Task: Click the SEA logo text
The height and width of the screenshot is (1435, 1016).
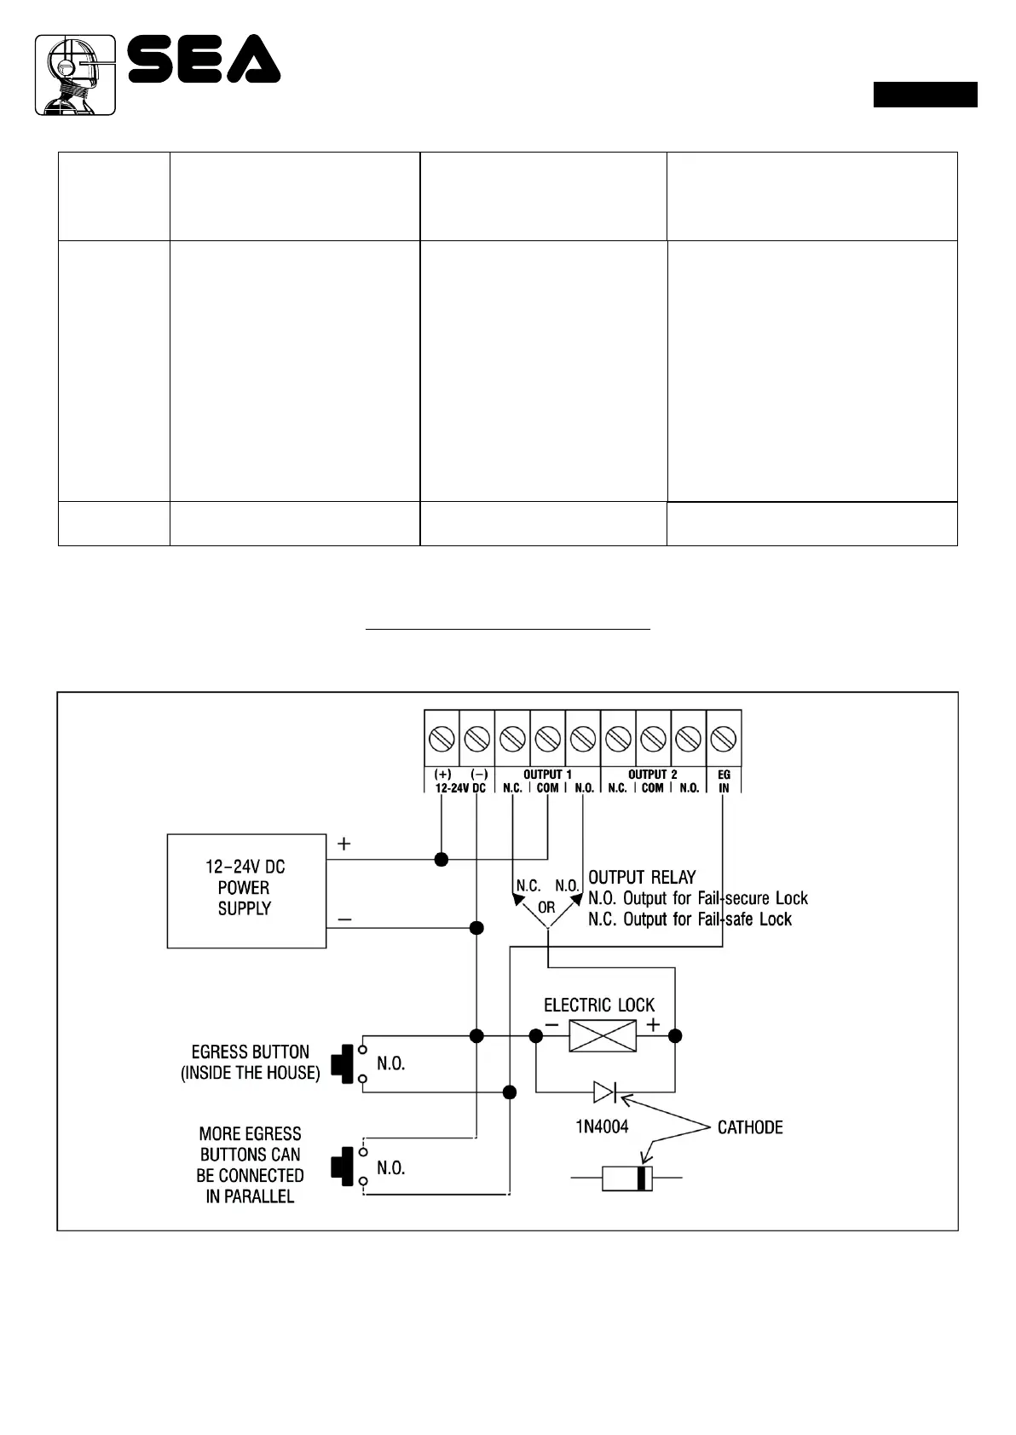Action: click(205, 59)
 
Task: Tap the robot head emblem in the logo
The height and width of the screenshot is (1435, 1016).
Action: click(75, 75)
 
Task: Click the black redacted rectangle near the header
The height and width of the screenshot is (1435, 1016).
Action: click(925, 95)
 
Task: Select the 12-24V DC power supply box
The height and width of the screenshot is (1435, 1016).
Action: click(246, 890)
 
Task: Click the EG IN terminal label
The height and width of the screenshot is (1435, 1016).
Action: click(724, 781)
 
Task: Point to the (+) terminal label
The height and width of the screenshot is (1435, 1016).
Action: click(442, 775)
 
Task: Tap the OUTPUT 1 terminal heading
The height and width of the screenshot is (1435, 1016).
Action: click(547, 775)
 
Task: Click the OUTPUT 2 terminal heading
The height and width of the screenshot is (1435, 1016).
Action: click(652, 775)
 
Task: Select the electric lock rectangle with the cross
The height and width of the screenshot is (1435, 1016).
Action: click(603, 1035)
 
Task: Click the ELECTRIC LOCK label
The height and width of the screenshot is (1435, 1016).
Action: click(599, 1006)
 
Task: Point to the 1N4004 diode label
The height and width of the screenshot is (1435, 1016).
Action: click(602, 1127)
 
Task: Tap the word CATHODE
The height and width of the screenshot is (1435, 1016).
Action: click(750, 1127)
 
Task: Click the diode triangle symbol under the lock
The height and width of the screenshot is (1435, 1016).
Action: click(604, 1091)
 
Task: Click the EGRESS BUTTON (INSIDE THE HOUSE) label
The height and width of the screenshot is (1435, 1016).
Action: click(250, 1062)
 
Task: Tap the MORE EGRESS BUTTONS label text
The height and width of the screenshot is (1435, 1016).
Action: click(250, 1164)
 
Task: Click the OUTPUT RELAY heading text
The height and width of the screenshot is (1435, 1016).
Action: click(642, 877)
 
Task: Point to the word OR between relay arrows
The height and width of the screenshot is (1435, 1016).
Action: click(546, 908)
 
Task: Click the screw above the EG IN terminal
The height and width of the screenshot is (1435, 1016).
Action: click(724, 738)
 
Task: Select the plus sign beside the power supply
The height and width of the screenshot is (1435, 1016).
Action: click(343, 844)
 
